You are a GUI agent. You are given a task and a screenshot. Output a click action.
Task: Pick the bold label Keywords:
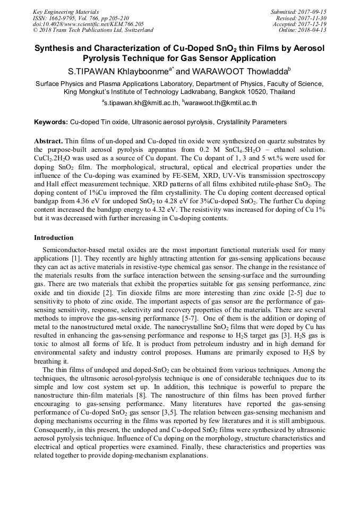[51, 123]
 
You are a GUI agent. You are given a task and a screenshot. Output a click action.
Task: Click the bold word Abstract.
[48, 141]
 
